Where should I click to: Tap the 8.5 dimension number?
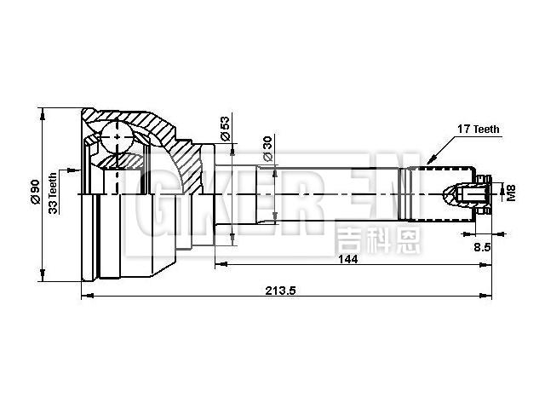[480, 247]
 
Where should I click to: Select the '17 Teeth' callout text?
[478, 130]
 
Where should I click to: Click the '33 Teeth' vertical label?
[54, 193]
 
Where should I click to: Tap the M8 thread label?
[510, 193]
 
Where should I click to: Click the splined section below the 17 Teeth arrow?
[417, 193]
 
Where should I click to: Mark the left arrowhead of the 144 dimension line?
[218, 265]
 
